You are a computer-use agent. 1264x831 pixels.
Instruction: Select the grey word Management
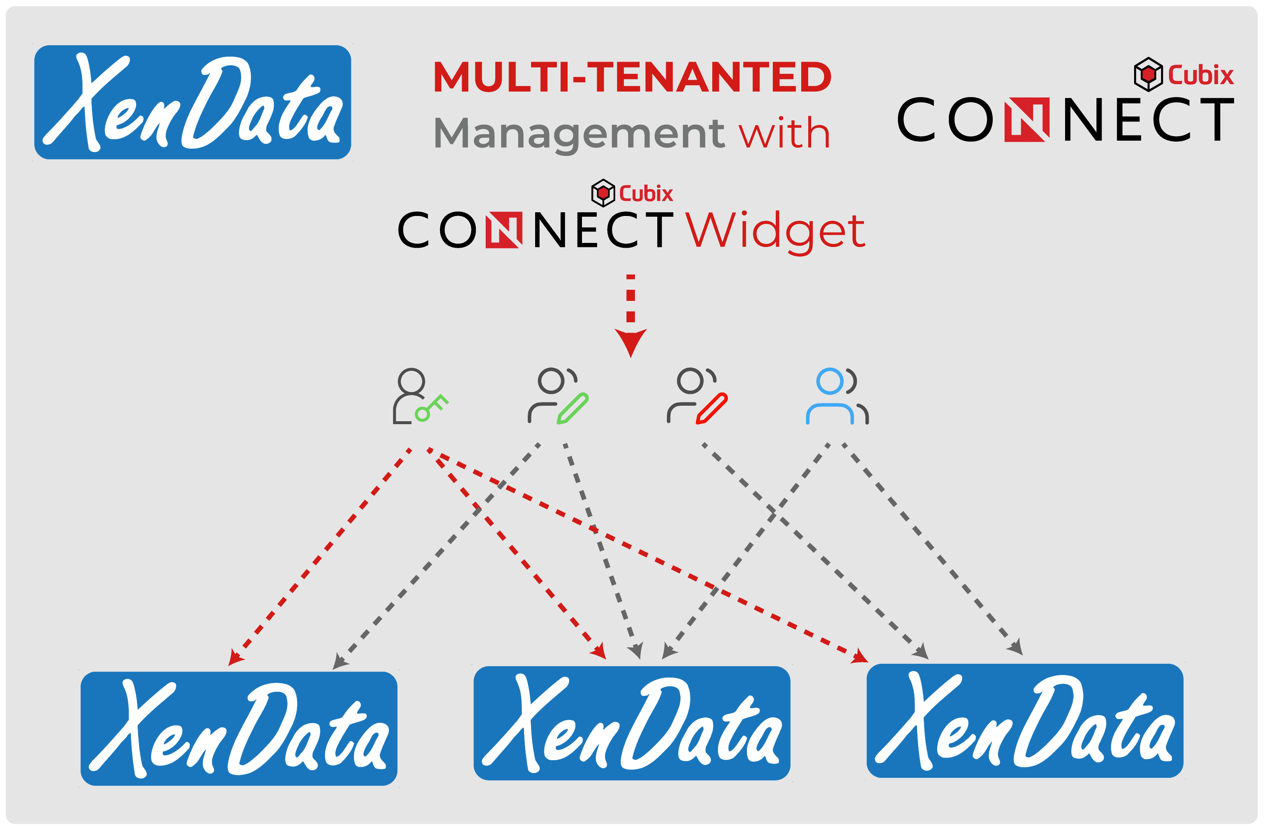tap(579, 134)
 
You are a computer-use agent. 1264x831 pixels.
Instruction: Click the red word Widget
tap(775, 232)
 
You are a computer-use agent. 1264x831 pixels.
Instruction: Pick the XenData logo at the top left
tap(193, 102)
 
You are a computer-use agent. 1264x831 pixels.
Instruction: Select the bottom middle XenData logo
tap(632, 723)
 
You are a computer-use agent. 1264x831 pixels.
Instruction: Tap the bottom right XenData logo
tap(1025, 721)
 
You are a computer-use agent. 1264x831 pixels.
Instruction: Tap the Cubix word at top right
tap(1201, 75)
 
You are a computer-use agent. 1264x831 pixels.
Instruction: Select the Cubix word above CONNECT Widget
tap(646, 193)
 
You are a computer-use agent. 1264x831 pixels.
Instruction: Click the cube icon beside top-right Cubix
tap(1148, 74)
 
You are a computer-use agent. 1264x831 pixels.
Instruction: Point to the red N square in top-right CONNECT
tap(1027, 120)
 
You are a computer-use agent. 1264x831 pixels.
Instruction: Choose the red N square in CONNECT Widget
tap(504, 230)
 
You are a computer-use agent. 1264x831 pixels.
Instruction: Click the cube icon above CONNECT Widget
tap(603, 193)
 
